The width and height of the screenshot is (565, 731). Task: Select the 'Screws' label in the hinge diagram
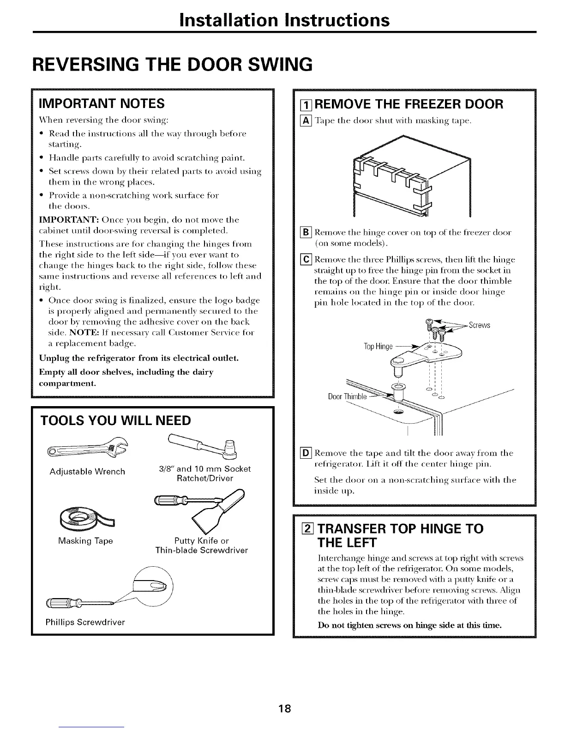pyautogui.click(x=479, y=325)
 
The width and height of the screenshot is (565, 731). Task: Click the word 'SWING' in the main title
pyautogui.click(x=273, y=64)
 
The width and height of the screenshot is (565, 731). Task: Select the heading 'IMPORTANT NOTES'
pyautogui.click(x=102, y=102)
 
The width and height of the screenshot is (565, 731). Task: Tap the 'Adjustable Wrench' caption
pyautogui.click(x=87, y=472)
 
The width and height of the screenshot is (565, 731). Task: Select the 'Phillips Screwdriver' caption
pyautogui.click(x=85, y=622)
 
